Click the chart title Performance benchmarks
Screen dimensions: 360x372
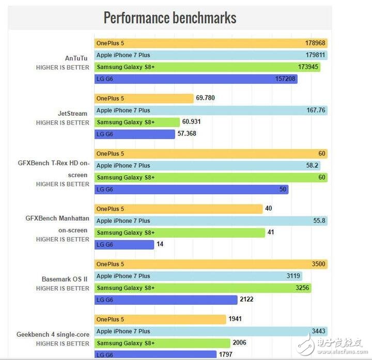(x=169, y=18)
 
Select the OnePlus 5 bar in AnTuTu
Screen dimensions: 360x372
(x=210, y=43)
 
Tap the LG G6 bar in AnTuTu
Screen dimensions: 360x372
(x=196, y=79)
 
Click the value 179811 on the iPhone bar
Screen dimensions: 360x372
(x=315, y=55)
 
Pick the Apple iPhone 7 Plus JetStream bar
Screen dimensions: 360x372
(x=210, y=111)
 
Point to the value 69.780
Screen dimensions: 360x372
(x=206, y=98)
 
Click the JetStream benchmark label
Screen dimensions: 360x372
(x=73, y=113)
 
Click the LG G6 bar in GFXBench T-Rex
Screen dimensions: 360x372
(x=191, y=190)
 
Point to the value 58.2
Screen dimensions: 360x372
(x=313, y=166)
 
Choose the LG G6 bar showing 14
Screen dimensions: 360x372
(x=124, y=245)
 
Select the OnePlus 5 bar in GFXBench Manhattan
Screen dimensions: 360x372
(x=178, y=209)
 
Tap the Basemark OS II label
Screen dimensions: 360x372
(x=65, y=279)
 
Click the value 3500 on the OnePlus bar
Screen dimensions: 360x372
(x=318, y=264)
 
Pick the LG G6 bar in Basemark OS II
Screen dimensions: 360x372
(x=165, y=300)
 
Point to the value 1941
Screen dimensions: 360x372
(x=235, y=319)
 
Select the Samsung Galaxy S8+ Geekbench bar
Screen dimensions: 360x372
(x=162, y=343)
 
